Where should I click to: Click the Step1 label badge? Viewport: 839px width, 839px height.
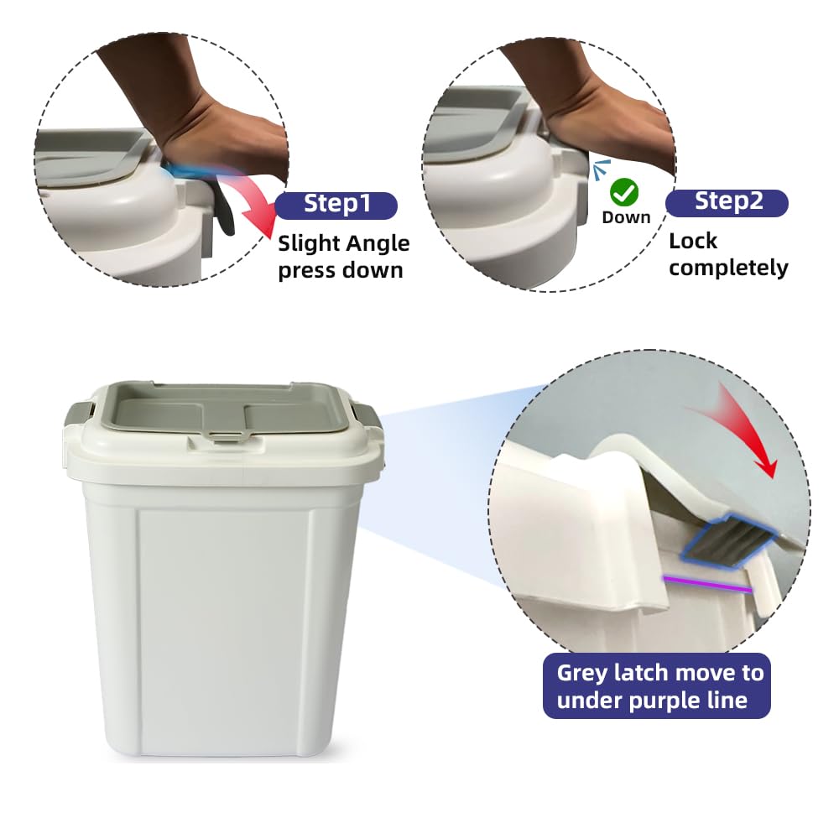coord(336,205)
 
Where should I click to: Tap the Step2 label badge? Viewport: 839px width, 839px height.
coord(727,203)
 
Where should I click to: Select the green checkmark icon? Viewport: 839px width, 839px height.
coord(624,193)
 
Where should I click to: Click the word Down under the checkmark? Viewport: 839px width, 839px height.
coord(626,217)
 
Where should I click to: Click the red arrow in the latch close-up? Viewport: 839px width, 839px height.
coord(743,428)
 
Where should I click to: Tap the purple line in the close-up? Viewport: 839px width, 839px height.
coord(707,584)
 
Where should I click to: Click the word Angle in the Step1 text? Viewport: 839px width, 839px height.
coord(377,244)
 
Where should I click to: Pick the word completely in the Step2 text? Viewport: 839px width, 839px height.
coord(728,268)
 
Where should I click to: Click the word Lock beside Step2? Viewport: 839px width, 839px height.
coord(693,241)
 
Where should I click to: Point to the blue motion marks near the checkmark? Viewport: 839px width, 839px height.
coord(602,168)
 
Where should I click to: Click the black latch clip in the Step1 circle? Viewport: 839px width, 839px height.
coord(225,212)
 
